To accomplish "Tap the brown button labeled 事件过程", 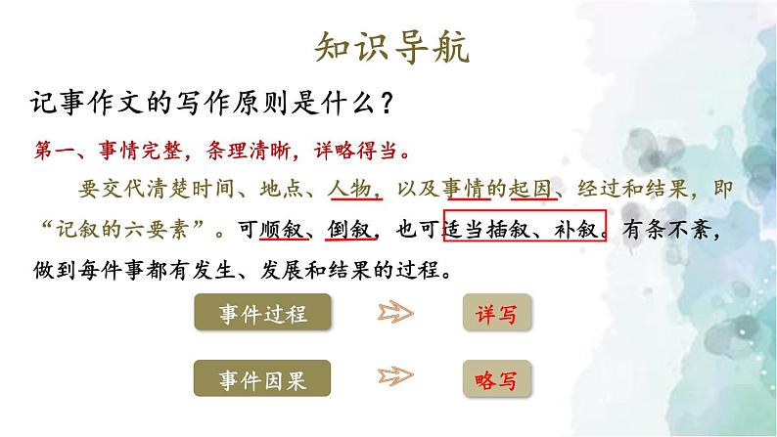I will click(x=262, y=314).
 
